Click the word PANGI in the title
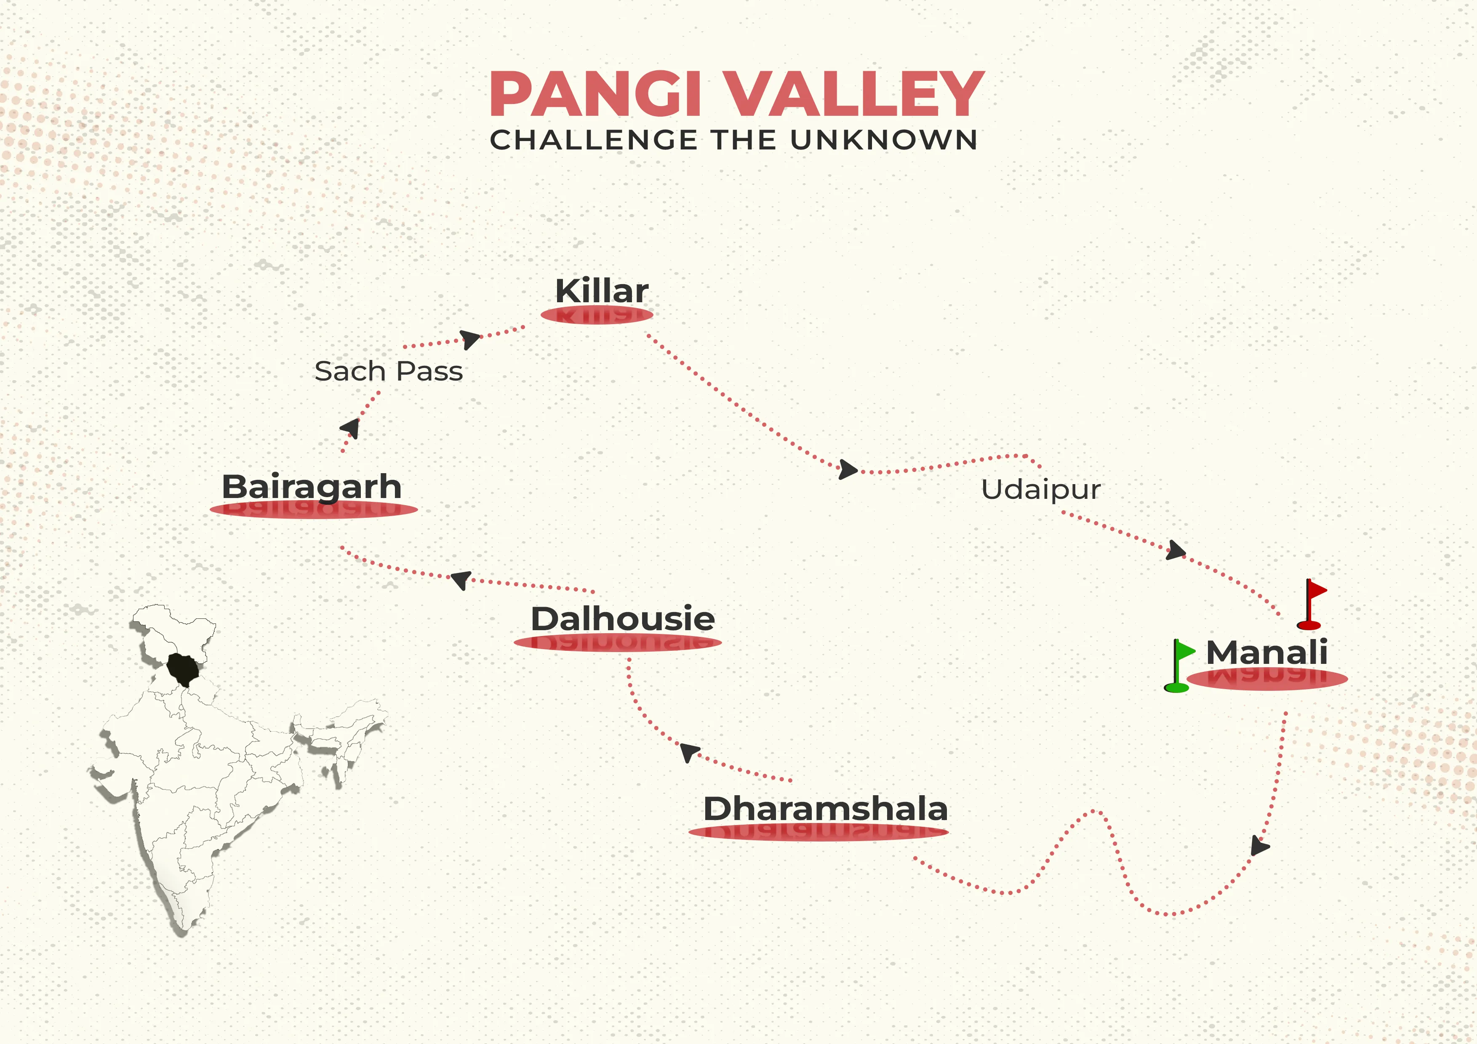595,95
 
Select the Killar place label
602,291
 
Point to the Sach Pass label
389,371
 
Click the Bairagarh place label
311,487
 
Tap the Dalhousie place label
622,619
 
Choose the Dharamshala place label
825,809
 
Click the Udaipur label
1040,490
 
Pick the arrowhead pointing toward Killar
470,339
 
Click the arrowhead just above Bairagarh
351,428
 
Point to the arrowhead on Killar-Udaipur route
848,469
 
